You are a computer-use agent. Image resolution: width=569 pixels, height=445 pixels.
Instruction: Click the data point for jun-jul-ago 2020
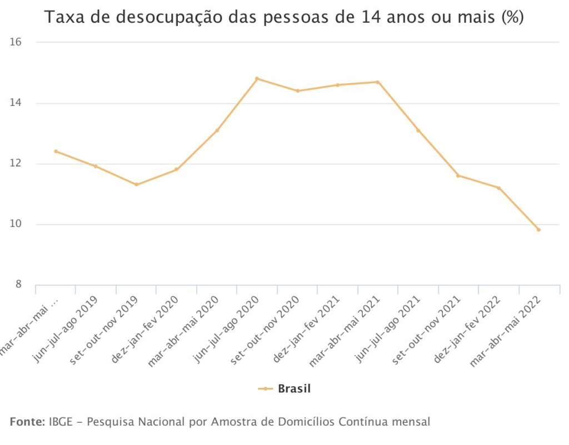pyautogui.click(x=257, y=78)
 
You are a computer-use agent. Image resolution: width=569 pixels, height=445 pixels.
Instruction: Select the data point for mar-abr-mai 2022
pyautogui.click(x=538, y=230)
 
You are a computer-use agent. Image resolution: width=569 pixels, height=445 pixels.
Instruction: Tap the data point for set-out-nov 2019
pyautogui.click(x=136, y=184)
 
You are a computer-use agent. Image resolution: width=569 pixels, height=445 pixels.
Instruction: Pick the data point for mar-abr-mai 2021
pyautogui.click(x=377, y=82)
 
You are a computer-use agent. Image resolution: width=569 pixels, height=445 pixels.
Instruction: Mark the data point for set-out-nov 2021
pyautogui.click(x=458, y=175)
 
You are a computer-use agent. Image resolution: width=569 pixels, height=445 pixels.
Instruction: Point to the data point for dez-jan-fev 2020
pyautogui.click(x=176, y=169)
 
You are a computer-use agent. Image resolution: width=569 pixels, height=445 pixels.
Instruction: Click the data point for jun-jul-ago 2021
pyautogui.click(x=418, y=130)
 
